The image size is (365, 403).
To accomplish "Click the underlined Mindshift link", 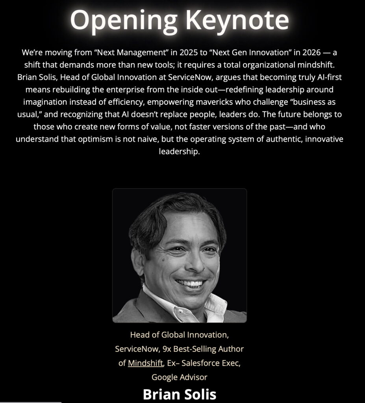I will [145, 363].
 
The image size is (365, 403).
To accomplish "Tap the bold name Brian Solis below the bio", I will [179, 394].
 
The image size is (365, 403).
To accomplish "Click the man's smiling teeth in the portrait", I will [190, 283].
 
